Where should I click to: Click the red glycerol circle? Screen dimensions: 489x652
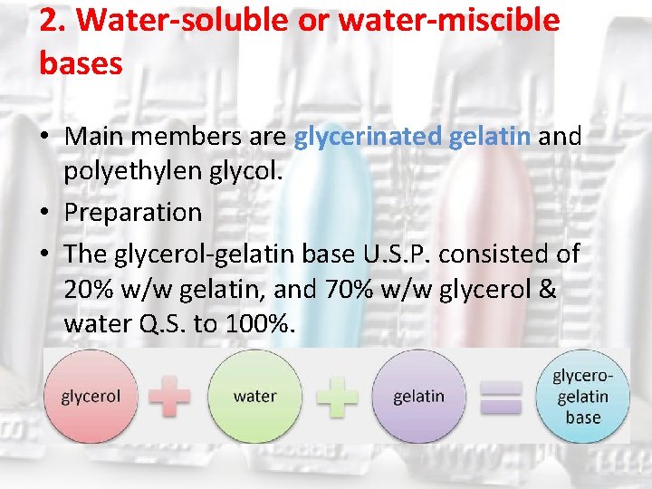91,396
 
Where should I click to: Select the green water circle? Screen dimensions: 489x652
254,396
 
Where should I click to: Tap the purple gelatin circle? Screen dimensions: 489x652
418,396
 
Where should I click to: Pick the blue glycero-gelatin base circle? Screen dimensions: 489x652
582,396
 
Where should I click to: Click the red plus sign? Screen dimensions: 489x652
170,396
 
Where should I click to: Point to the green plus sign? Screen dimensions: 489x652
335,396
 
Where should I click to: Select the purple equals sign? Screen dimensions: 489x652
500,396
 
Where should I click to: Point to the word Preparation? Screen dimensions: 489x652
133,212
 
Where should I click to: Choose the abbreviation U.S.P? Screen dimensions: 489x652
396,254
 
